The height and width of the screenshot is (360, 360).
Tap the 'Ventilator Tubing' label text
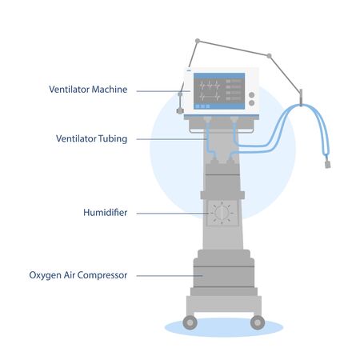(x=90, y=138)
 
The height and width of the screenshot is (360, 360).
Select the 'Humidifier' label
(x=105, y=213)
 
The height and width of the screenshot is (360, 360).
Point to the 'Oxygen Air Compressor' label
(x=78, y=275)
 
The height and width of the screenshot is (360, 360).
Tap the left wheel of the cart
(x=190, y=322)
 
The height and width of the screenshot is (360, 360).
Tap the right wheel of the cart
(x=257, y=322)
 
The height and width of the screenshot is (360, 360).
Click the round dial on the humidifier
(x=223, y=214)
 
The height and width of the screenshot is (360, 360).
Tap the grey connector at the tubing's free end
(x=328, y=165)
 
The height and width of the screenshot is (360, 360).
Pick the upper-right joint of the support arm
(x=270, y=56)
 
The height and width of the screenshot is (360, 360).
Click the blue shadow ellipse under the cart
(x=223, y=329)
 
